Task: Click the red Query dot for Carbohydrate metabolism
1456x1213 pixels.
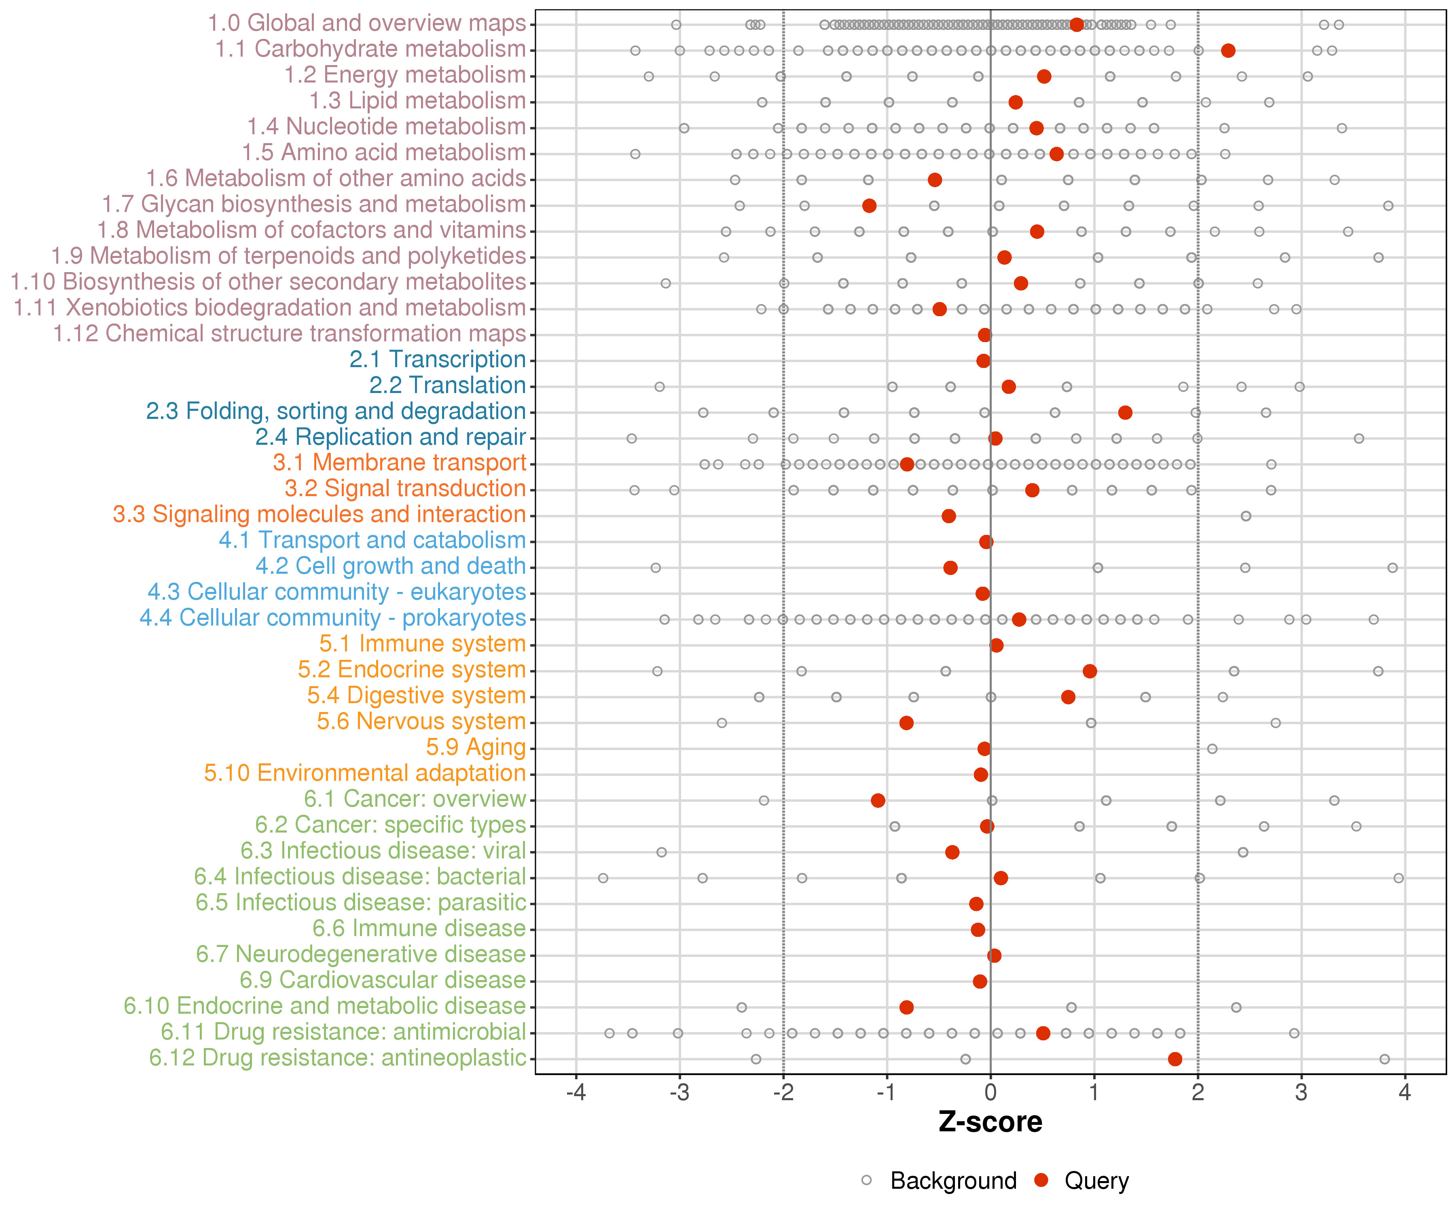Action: click(1228, 51)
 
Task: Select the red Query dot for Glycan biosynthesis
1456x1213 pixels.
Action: click(870, 206)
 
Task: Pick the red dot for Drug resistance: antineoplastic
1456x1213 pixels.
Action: click(1175, 1059)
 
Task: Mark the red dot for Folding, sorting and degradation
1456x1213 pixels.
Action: click(1125, 412)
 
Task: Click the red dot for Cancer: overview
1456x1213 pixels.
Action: click(878, 801)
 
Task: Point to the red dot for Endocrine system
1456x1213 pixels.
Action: click(1090, 671)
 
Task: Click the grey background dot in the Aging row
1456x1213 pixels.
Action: click(1212, 748)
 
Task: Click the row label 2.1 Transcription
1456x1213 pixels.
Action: click(438, 360)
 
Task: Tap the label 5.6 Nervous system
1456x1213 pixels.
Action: click(421, 722)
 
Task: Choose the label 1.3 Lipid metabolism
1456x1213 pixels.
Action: click(417, 101)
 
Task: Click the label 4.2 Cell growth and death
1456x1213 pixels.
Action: click(390, 566)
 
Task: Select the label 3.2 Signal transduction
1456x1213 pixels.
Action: click(405, 489)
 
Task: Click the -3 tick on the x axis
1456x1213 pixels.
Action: click(679, 1093)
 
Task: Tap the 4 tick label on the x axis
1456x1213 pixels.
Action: click(1405, 1093)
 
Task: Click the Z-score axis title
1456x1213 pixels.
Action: click(990, 1122)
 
